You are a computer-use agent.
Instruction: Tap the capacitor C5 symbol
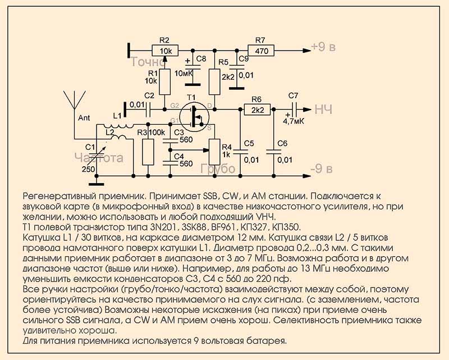241,151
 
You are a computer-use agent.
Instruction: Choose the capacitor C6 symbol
274,151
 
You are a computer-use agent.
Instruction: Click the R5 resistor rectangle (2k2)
214,82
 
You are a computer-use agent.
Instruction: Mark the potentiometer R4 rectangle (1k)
214,147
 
